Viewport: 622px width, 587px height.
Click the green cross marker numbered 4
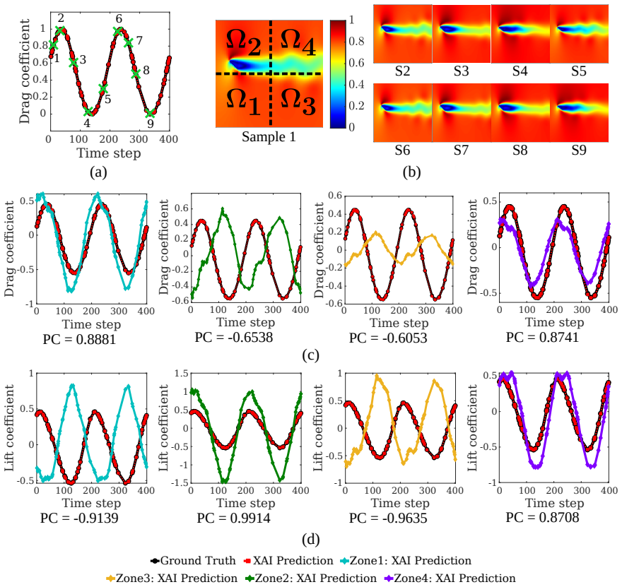[x=88, y=112]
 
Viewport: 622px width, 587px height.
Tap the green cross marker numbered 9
[x=150, y=113]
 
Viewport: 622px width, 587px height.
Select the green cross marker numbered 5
[x=103, y=89]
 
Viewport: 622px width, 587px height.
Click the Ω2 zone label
[x=244, y=43]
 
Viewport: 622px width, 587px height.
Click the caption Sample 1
[x=269, y=137]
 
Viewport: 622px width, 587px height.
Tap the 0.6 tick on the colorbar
[x=356, y=63]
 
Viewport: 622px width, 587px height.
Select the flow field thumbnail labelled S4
[x=520, y=34]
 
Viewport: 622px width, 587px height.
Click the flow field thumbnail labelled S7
[x=462, y=112]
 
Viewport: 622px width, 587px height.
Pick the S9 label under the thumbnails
[x=579, y=150]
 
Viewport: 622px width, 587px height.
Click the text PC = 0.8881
[x=79, y=340]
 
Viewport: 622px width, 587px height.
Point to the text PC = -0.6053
[x=388, y=338]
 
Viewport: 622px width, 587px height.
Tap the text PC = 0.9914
[x=234, y=518]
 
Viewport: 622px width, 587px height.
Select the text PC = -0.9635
[x=388, y=518]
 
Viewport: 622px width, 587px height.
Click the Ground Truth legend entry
[x=193, y=561]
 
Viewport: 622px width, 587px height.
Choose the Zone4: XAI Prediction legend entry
[x=450, y=579]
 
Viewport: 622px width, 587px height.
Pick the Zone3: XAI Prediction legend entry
[x=172, y=579]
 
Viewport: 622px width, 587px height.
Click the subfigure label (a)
[x=98, y=172]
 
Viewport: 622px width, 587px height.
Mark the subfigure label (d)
[x=310, y=540]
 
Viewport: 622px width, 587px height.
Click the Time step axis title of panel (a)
[x=109, y=153]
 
